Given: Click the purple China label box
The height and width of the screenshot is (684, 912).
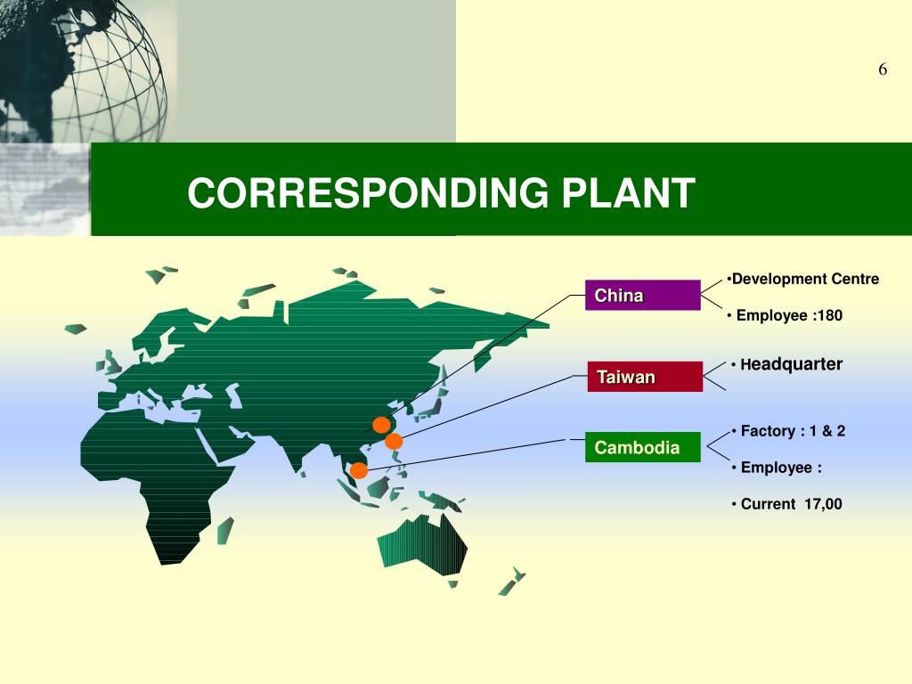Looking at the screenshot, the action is (642, 295).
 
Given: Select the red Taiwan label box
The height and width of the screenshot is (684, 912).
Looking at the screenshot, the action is (644, 377).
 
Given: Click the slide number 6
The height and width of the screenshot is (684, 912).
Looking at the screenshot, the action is (883, 70).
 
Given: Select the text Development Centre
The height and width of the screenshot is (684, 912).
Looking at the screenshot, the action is (805, 279).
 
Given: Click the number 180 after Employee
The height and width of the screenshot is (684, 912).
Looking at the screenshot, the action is (828, 315).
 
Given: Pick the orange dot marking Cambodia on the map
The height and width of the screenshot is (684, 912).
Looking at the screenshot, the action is (358, 470).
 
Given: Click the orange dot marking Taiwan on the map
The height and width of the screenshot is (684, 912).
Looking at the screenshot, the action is (394, 441).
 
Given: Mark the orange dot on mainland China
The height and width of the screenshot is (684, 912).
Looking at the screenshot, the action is (381, 424).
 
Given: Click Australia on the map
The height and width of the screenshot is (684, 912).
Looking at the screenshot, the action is (422, 542).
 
